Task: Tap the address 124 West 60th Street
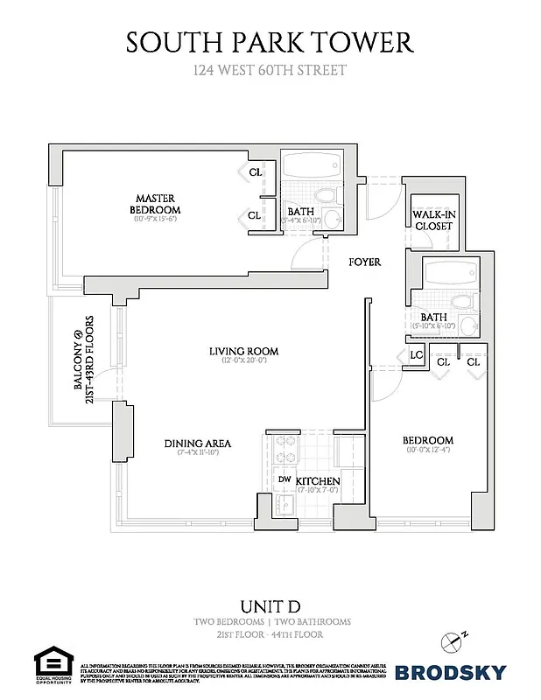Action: (270, 70)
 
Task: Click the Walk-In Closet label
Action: (432, 220)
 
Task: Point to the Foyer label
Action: (364, 262)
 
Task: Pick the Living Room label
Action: (236, 352)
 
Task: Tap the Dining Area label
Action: (198, 444)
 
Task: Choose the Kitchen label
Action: (317, 482)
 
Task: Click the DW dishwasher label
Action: (285, 479)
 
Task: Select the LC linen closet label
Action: (417, 355)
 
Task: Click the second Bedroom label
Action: (427, 440)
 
